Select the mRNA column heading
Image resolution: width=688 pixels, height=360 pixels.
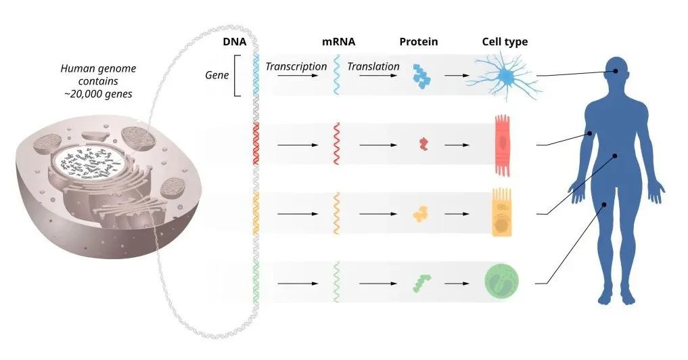(x=338, y=42)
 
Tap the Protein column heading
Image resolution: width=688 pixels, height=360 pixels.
(x=418, y=42)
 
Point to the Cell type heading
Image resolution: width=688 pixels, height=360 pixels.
(x=505, y=42)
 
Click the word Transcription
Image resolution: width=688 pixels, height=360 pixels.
(x=296, y=66)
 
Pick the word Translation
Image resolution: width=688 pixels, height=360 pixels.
(x=373, y=66)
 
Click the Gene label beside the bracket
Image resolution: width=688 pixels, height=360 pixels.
(x=217, y=75)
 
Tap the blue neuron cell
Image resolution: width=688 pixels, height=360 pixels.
(x=506, y=77)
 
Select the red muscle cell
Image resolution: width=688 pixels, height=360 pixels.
(x=502, y=143)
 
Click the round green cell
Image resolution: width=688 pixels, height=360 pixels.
(x=502, y=282)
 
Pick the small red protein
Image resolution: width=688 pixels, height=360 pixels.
(x=423, y=143)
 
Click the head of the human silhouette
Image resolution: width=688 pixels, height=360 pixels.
(x=616, y=69)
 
